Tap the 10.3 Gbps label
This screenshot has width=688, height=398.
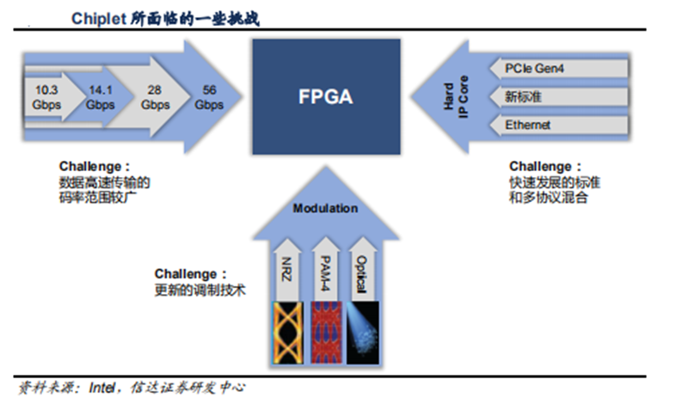pos(46,96)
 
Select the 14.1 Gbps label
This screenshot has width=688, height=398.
pos(100,96)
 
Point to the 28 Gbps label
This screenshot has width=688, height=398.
pos(156,96)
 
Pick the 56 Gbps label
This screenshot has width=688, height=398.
pos(209,96)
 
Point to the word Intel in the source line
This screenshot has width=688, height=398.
pos(104,388)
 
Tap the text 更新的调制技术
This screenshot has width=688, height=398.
pos(194,290)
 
